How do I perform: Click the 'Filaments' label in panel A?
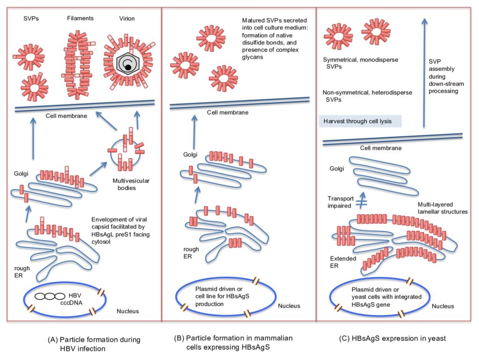click(80, 18)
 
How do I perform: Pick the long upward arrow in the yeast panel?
click(423, 70)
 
